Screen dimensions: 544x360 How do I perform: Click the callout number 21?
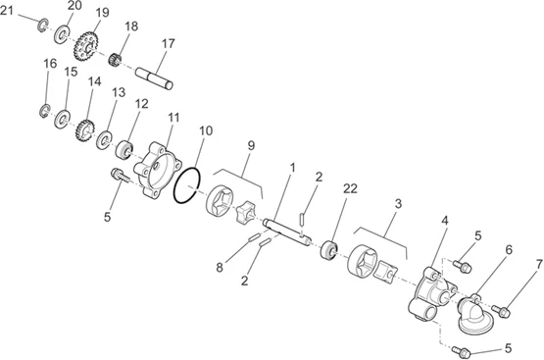coord(7,10)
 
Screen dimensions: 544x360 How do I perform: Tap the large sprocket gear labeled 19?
coord(85,46)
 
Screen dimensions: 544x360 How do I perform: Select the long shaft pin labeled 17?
coord(154,78)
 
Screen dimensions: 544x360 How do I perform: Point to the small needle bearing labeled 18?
coord(115,60)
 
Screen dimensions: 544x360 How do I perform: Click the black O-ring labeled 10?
coord(186,185)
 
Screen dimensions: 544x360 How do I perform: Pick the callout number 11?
coord(173,118)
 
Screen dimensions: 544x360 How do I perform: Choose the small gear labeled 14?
coord(85,130)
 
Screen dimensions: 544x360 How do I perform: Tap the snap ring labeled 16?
coord(44,111)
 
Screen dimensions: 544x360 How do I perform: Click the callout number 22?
coord(350,188)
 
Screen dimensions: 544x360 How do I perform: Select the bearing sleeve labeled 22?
coord(328,249)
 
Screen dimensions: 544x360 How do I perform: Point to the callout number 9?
coord(251,145)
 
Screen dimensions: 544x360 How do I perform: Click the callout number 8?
coord(220,268)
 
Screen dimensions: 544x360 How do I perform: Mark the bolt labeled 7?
coord(501,310)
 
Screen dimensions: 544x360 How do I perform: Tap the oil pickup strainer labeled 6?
coord(474,315)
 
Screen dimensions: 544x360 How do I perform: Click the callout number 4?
coord(444,221)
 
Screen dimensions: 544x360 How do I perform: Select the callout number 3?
coord(398,204)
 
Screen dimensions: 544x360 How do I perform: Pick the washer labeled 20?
coord(62,34)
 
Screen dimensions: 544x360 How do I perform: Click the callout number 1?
coord(292,168)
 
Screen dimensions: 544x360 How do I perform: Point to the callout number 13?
coord(119,92)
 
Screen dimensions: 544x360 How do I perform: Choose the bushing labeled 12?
coord(124,150)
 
